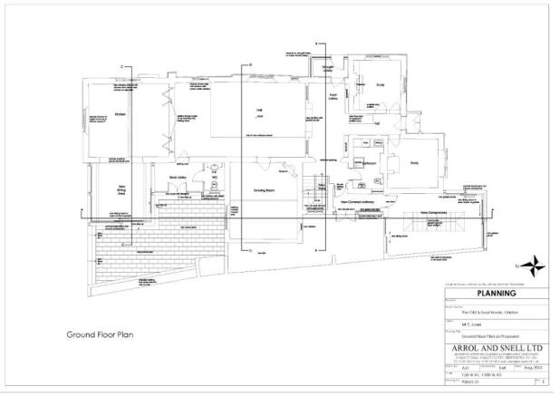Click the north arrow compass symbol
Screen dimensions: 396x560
click(x=533, y=266)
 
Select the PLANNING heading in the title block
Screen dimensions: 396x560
click(x=496, y=294)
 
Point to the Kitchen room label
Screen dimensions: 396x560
click(x=119, y=114)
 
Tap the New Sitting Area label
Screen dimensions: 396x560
click(x=118, y=193)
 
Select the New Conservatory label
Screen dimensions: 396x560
click(x=435, y=214)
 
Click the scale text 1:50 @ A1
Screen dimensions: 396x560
click(x=463, y=373)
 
